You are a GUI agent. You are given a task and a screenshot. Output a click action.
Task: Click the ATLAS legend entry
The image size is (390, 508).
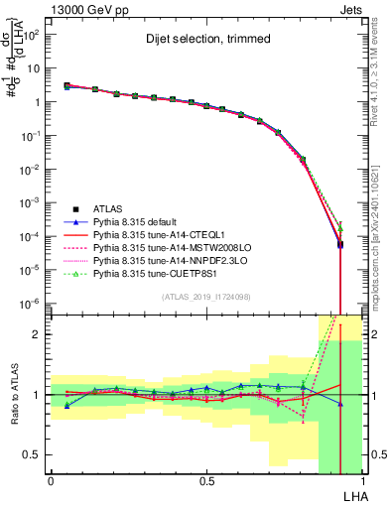click(x=109, y=208)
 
